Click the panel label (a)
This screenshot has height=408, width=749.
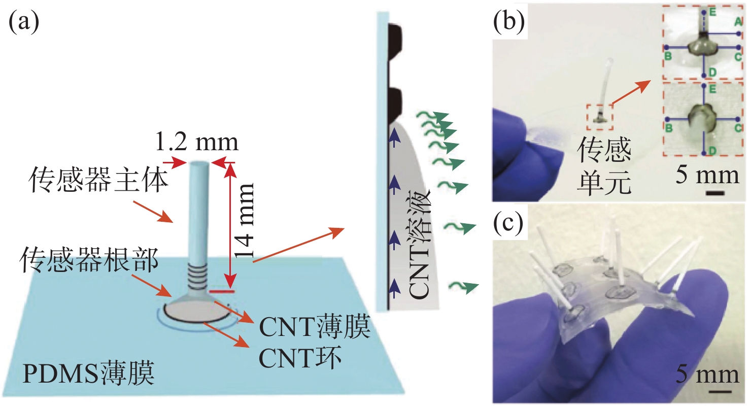pos(24,23)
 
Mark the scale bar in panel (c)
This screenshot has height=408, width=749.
pos(720,391)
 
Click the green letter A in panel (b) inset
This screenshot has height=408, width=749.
pos(738,21)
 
